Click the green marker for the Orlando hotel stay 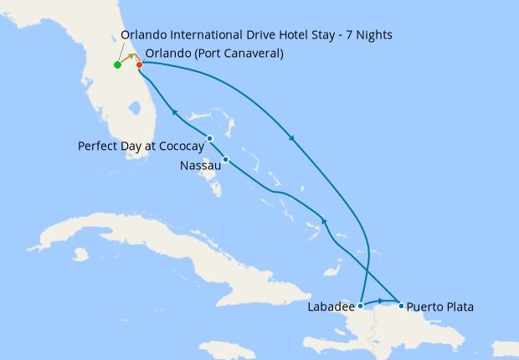pos(117,64)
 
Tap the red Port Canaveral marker pos(139,64)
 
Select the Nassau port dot pos(226,159)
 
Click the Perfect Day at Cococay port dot pos(209,138)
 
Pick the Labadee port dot pos(360,306)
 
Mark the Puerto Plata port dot pos(401,306)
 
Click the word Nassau pos(200,167)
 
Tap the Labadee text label pos(330,307)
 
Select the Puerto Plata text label pos(440,307)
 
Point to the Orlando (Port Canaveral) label pos(213,54)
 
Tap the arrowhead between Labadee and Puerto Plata pos(381,301)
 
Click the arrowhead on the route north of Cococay pos(175,111)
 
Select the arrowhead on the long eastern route pos(292,139)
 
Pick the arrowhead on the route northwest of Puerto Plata pos(323,221)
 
